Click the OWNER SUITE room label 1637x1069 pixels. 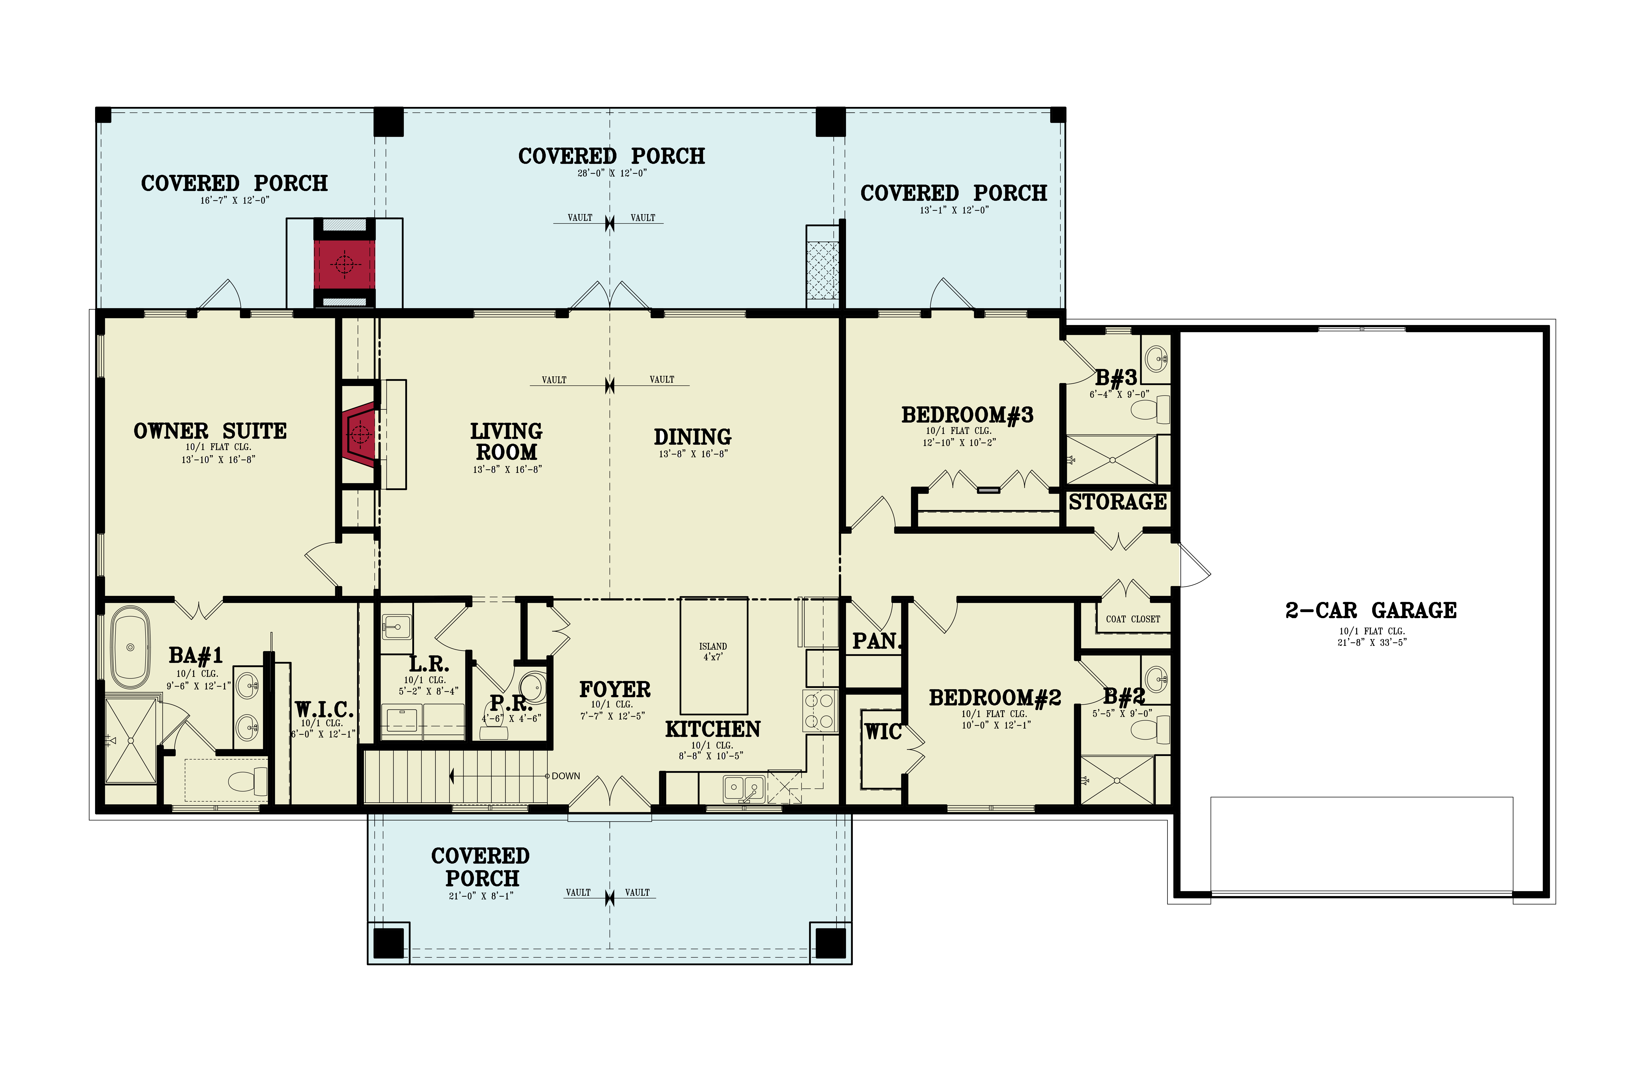210,431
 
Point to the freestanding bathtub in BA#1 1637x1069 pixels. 130,647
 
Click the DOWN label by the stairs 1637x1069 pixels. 565,776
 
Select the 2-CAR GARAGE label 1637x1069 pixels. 1371,610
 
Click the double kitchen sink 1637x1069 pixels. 743,788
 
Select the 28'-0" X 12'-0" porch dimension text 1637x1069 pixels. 611,173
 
